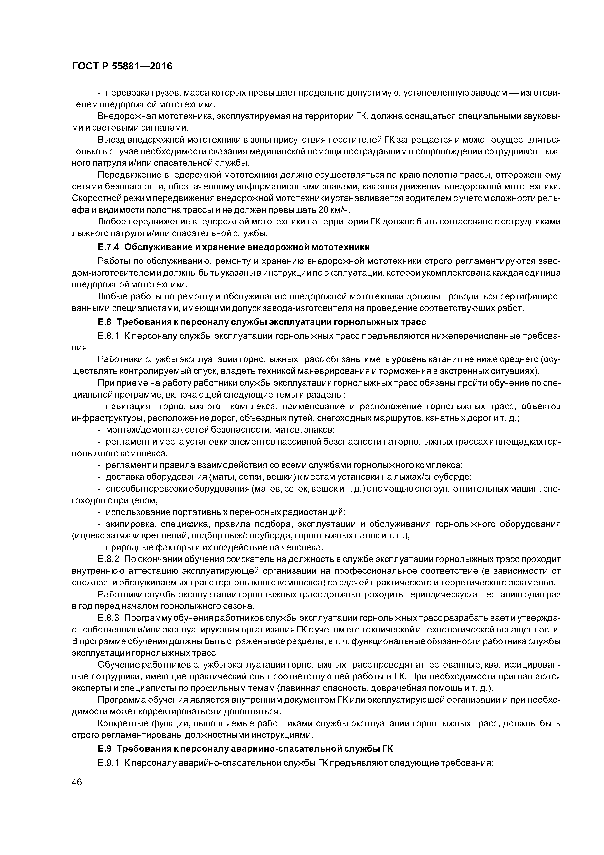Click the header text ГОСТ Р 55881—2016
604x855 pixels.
(x=122, y=66)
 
